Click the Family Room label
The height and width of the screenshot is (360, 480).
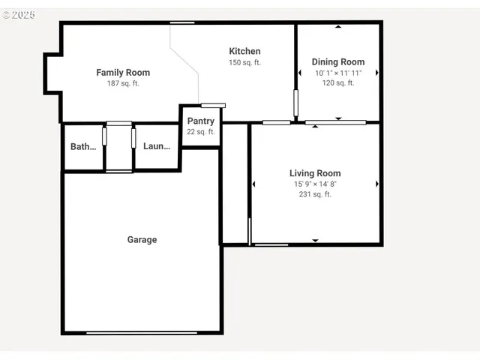123,73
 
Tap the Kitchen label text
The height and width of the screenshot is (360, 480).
244,51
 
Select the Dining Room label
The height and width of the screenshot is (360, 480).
338,61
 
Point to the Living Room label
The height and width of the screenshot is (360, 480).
315,173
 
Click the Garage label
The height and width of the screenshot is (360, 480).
142,240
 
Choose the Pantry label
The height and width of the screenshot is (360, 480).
200,121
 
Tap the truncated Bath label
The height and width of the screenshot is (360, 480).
83,147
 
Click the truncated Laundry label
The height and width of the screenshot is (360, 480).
157,147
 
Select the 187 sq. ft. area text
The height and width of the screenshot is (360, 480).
123,83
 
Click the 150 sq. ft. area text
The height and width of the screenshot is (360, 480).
244,62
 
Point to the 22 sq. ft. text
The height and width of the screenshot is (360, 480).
200,132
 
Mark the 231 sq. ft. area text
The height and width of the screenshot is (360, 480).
315,194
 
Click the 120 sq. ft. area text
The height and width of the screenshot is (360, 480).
338,82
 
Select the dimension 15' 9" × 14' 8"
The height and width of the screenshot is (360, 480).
315,184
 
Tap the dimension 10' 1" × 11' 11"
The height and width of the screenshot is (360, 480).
338,73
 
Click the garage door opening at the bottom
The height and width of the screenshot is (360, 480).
142,332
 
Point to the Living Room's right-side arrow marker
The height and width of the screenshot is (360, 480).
376,184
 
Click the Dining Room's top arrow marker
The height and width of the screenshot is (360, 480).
338,27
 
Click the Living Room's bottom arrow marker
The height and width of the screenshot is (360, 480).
315,241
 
